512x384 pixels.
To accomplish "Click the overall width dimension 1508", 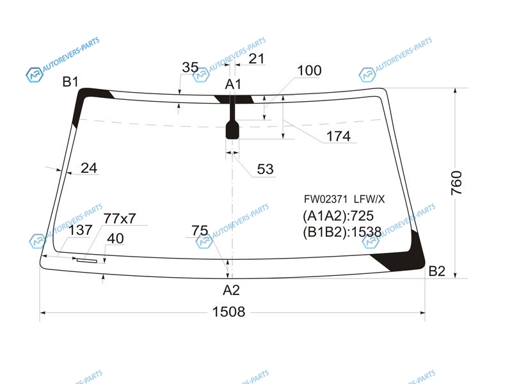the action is tap(228, 312).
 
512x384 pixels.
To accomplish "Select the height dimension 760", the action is tap(456, 183).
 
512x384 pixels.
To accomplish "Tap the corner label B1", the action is tap(70, 82).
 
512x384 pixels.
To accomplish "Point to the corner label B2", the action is tap(436, 271).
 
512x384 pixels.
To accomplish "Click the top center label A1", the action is tap(233, 84).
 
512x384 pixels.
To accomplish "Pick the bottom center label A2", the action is tap(231, 290).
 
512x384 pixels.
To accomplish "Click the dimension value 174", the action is tap(339, 136).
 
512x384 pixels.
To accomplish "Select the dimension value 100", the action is tap(309, 70).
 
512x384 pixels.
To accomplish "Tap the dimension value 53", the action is tap(265, 169).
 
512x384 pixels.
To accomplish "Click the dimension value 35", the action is tap(190, 68).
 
